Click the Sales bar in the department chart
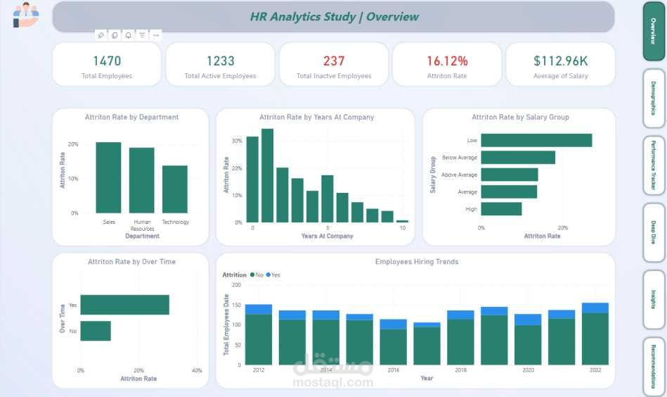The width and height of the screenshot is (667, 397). [108, 178]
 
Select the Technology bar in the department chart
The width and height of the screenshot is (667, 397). [175, 189]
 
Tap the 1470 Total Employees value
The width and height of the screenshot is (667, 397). [107, 61]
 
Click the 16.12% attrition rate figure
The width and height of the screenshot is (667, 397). [447, 61]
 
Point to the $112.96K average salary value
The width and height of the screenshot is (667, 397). [560, 61]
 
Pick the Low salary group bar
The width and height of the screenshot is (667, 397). [536, 140]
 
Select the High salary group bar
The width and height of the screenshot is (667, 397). [501, 209]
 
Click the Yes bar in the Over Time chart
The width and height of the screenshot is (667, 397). [124, 305]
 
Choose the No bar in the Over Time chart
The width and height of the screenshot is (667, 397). [96, 331]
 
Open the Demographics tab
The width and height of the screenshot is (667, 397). [654, 98]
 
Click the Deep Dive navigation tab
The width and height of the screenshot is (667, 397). [654, 232]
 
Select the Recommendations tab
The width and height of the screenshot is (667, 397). [654, 367]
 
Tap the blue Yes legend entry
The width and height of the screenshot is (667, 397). [273, 275]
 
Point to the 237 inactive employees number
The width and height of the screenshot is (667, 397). [334, 61]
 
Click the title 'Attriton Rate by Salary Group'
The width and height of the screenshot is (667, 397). [520, 117]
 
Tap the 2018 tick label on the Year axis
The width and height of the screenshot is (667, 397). [460, 370]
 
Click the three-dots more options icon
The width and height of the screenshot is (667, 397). [155, 34]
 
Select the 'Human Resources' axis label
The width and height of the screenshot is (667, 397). [142, 225]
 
